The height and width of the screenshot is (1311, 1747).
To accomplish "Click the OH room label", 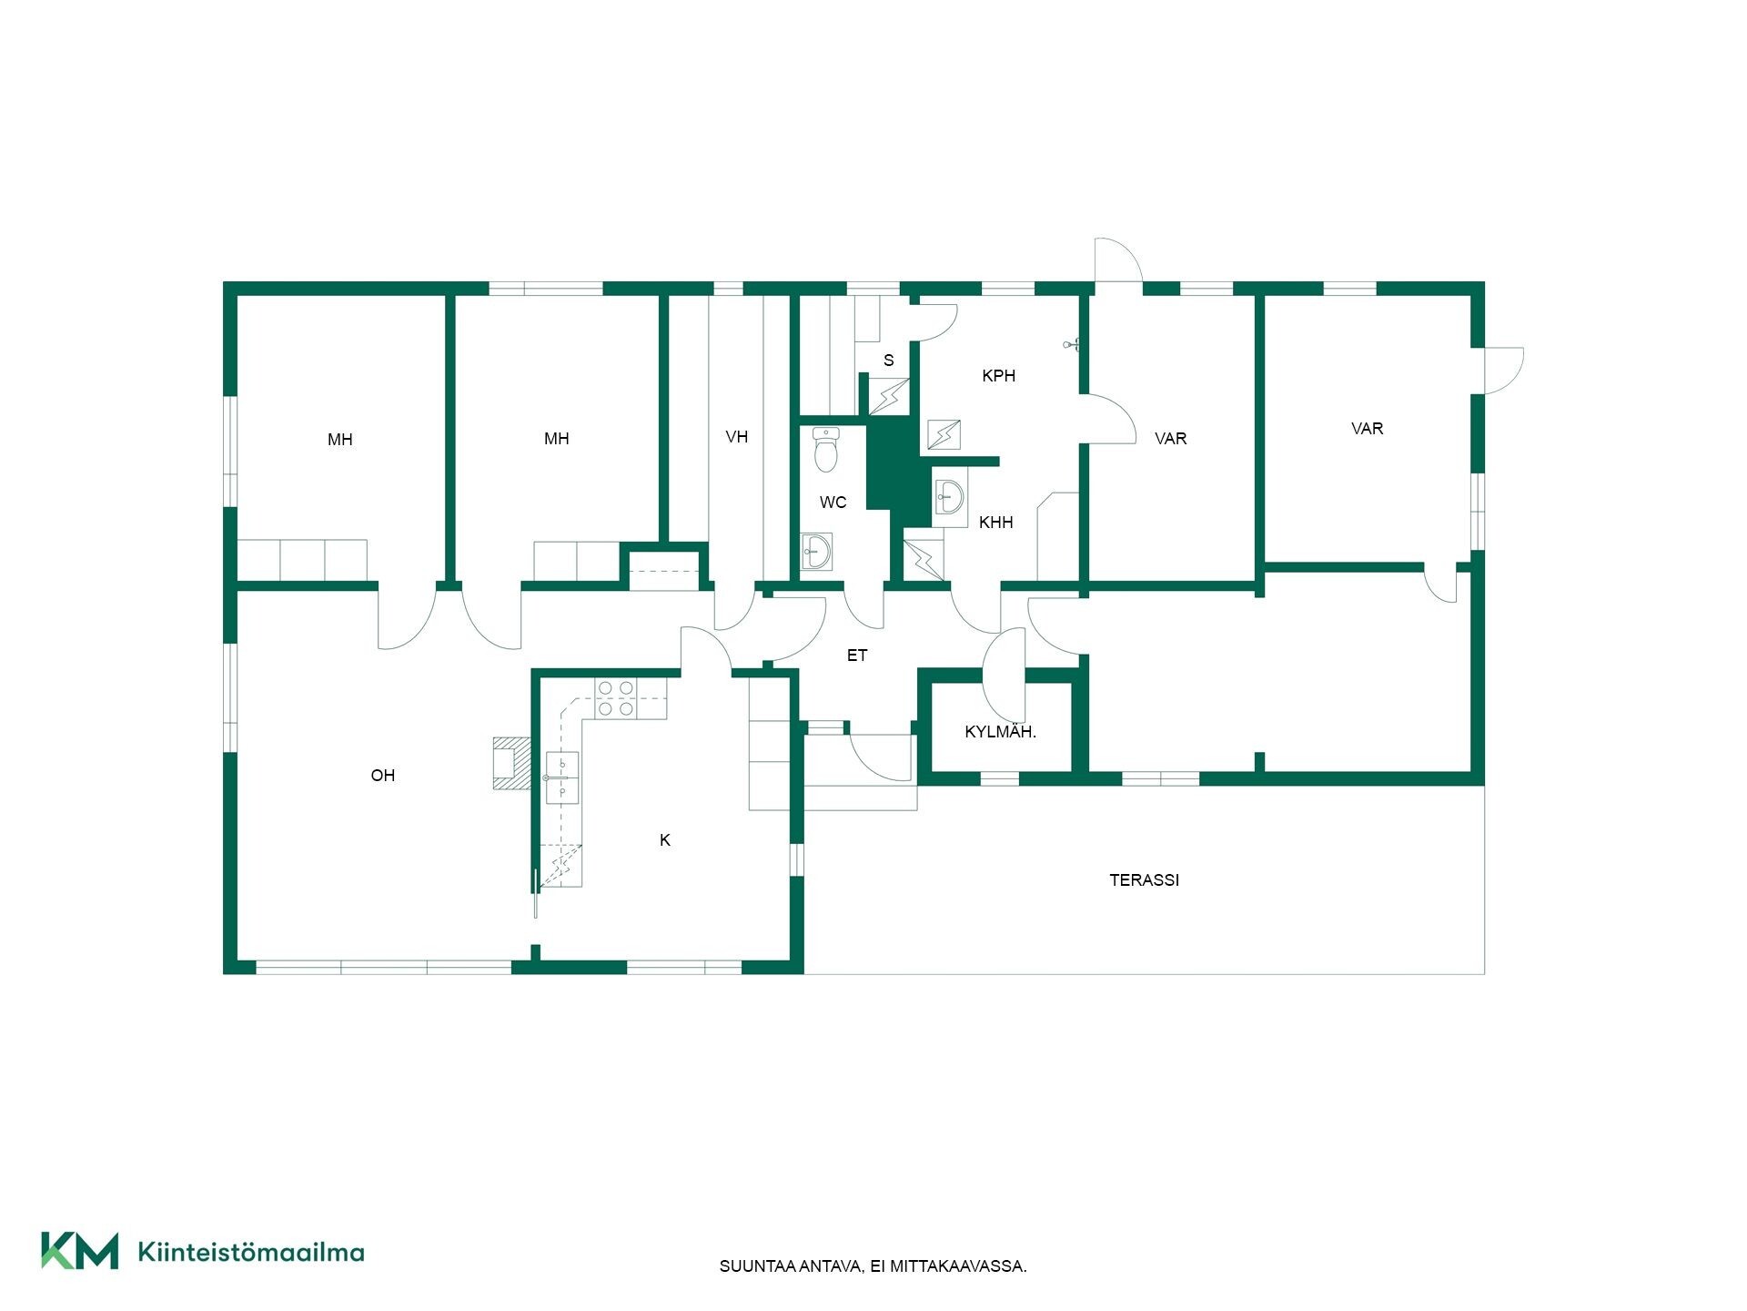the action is coord(383,776).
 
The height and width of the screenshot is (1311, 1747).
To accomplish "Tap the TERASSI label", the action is coord(1144,880).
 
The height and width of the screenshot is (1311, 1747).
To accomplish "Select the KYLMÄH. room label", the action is coord(1000,731).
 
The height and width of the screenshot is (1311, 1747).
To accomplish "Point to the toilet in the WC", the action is coord(825,450).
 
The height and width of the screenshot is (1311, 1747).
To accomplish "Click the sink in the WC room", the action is coord(816,552).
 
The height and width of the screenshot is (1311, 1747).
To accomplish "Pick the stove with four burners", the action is coord(616,697).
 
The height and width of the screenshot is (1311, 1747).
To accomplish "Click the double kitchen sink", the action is coord(562,778).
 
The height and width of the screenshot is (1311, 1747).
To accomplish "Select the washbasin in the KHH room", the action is coord(949,497).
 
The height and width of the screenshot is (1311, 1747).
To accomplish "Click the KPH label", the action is coord(998,376).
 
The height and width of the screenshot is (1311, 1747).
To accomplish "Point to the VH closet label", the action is coord(737,437).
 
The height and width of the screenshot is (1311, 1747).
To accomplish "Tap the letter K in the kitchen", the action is coord(665,840).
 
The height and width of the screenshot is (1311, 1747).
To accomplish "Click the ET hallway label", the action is coord(857,655).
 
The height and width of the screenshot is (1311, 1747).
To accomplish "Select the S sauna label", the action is coord(889,361).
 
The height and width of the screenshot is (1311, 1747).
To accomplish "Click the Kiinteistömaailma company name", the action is coord(251,1252).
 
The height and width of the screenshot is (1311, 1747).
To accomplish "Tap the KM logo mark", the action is coord(79,1251).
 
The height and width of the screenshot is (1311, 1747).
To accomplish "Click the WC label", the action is coord(833,503).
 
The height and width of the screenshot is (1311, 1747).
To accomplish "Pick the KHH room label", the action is coord(995,523).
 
